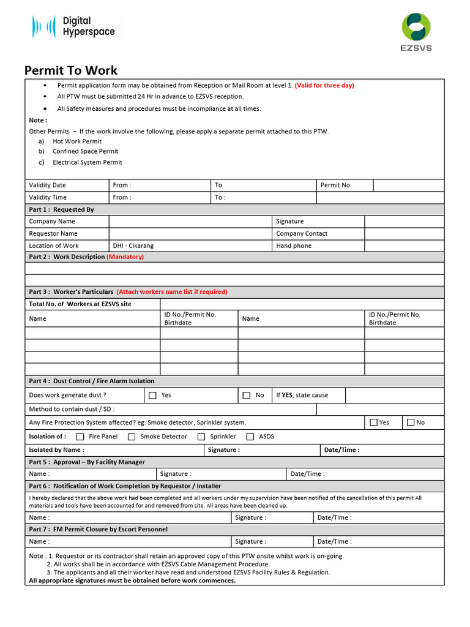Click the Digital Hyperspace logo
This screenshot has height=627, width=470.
coord(73,27)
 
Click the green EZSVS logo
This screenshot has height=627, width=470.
coord(416,32)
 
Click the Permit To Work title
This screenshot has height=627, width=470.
coord(70,70)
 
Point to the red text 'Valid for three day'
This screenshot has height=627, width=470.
coord(324,85)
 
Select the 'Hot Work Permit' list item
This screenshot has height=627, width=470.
coord(77,141)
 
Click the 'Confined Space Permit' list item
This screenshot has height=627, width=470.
coord(85,151)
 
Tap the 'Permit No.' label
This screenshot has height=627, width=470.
coord(336,185)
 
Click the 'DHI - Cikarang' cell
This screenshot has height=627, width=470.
coord(133,246)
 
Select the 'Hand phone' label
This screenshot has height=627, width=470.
coord(294,246)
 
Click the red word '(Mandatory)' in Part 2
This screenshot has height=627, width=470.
coord(125,257)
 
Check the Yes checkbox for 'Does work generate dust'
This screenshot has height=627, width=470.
coord(152,396)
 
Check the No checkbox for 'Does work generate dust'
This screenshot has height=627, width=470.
coord(247,396)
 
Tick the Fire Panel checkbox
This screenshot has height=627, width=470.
coord(80,437)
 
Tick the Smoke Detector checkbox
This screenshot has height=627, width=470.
coord(132,437)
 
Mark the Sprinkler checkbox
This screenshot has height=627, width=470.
coord(201,437)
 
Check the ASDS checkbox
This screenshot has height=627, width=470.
coord(250,437)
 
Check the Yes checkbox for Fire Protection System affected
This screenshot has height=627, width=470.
coord(373,422)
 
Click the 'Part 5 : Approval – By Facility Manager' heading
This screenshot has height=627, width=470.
coord(87,462)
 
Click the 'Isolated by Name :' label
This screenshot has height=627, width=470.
coord(57,450)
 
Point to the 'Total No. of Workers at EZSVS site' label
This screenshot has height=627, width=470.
coord(80,304)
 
